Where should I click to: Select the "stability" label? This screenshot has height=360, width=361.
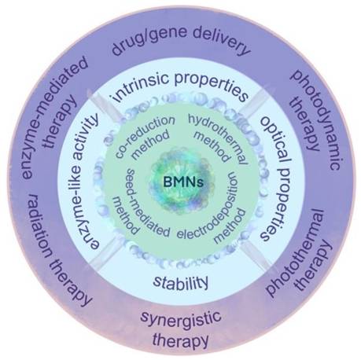(181, 282)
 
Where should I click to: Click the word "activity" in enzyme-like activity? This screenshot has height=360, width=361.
(87, 136)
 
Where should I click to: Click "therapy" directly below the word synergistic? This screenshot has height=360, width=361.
(181, 340)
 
